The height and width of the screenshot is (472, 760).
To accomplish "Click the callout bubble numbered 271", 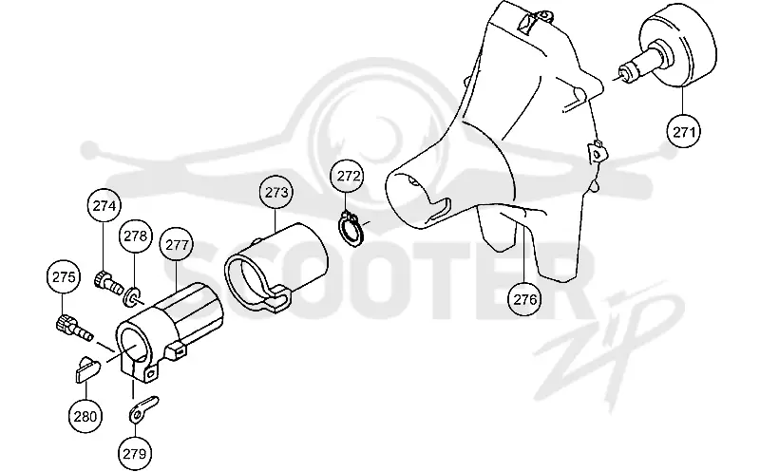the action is pos(683,131).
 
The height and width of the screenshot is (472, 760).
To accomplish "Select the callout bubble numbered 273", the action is pos(276,193).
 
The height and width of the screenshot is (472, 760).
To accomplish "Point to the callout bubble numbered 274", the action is pos(104,206).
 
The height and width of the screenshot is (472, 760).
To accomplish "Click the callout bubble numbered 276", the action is pos(525,299).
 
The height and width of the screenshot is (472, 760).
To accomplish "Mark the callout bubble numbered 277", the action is pos(177,245).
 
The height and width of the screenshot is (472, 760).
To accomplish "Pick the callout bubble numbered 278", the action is pos(135,236).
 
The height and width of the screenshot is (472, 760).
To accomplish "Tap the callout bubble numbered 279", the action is pos(134,454).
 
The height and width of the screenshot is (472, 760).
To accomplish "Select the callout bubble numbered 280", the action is pos(85,416).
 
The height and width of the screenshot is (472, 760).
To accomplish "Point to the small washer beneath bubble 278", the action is pos(132,296).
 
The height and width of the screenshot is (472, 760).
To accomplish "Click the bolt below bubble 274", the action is pos(108,283).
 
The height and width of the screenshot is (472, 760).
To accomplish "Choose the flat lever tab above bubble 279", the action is pos(143,409).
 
